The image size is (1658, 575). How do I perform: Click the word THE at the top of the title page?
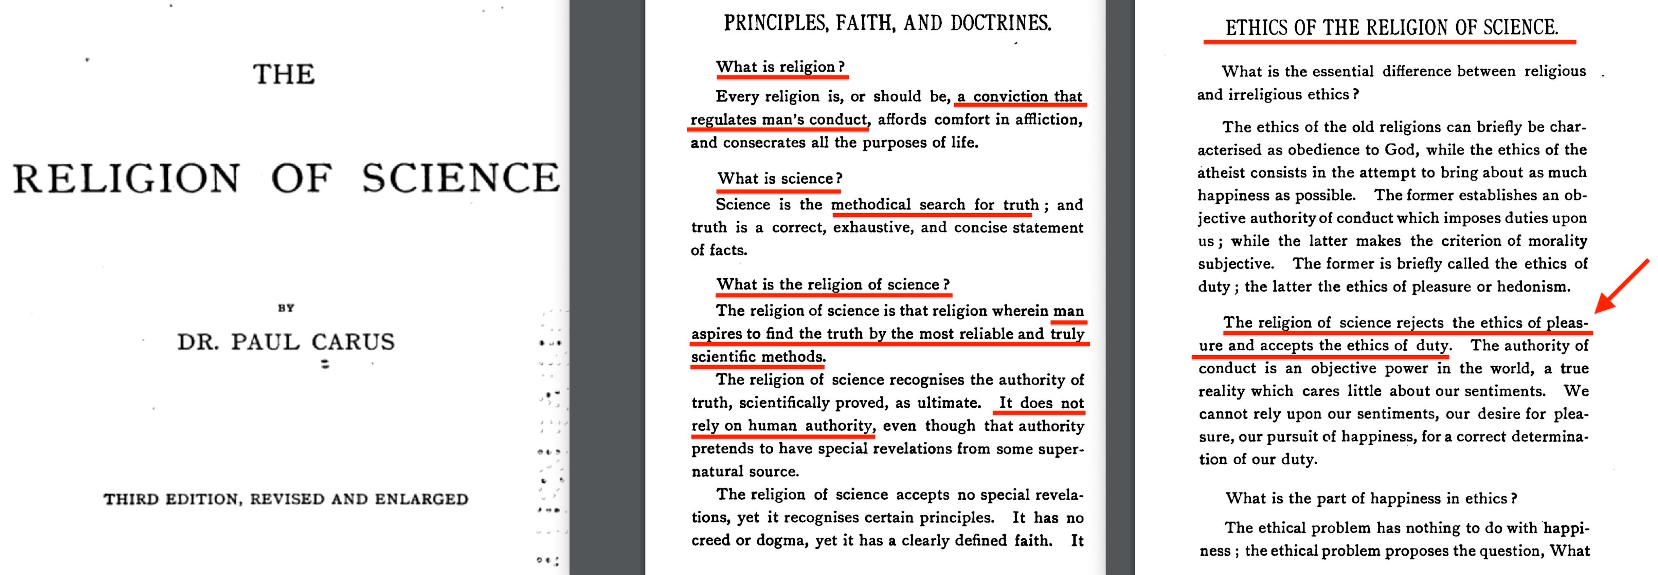click(x=284, y=75)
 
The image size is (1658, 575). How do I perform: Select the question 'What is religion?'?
click(x=780, y=67)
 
